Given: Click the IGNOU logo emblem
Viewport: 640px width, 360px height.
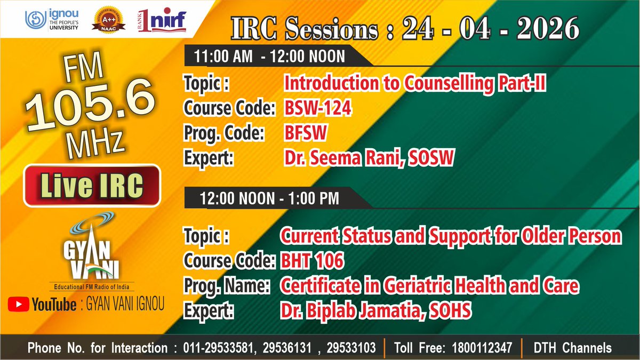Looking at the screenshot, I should click(x=34, y=20).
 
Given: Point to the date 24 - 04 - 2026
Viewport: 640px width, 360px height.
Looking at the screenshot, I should click(x=490, y=29).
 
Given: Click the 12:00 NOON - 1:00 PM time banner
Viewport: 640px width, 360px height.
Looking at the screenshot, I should click(x=269, y=198).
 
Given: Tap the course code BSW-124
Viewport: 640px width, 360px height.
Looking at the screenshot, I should click(x=318, y=108).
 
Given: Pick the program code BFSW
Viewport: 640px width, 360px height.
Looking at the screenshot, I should click(x=305, y=133).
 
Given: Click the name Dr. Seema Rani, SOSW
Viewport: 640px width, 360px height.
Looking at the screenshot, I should click(x=369, y=158).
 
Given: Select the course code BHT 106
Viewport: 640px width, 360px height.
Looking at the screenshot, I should click(x=313, y=261).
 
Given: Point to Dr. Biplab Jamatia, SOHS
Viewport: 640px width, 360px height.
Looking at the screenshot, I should click(x=375, y=310).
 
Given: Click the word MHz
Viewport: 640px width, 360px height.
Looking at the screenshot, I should click(x=94, y=142).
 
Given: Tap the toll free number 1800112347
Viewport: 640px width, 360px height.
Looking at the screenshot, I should click(x=479, y=348).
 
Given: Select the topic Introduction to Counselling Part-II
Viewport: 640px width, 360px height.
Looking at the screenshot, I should click(x=414, y=83).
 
